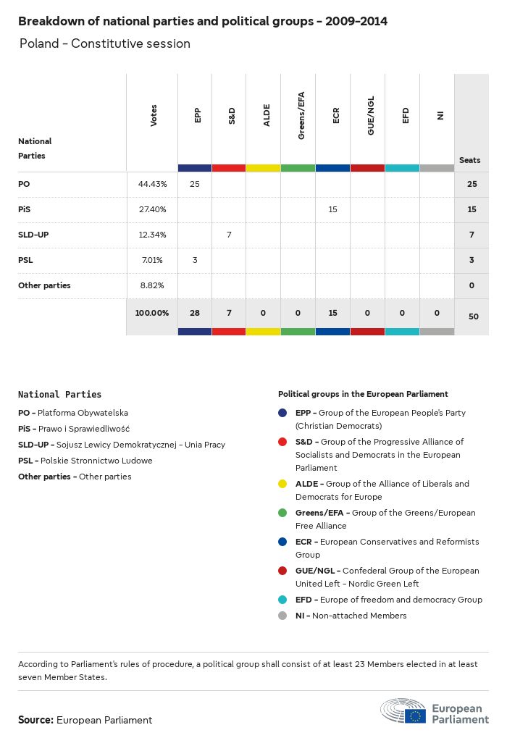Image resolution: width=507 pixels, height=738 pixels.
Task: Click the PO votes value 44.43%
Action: tap(152, 184)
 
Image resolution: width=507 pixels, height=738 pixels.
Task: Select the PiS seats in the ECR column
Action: tap(333, 209)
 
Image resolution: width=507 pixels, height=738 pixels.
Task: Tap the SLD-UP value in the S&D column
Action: tap(229, 235)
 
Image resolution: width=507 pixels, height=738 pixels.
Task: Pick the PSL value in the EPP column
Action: tap(194, 260)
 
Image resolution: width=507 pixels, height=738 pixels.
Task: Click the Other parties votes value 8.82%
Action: tap(152, 285)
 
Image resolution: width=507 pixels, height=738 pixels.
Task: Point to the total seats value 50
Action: tap(472, 316)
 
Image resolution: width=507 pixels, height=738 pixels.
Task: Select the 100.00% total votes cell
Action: tap(152, 313)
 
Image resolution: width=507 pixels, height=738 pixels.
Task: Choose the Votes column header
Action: tap(154, 116)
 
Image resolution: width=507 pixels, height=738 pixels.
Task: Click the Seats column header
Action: tap(469, 160)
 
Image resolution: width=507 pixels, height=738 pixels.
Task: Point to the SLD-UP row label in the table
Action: tap(33, 235)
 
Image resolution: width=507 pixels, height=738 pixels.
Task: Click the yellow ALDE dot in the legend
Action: tap(283, 484)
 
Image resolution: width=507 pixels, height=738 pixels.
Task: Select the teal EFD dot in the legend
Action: tap(283, 600)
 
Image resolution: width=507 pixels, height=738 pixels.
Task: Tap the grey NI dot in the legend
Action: tap(283, 616)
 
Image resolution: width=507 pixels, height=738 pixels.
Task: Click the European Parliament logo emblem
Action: tap(404, 712)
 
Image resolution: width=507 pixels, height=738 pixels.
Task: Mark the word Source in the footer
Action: tap(35, 720)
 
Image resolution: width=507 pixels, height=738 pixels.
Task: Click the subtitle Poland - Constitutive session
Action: tap(105, 43)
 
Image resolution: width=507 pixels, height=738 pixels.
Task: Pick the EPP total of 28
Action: tap(194, 313)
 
